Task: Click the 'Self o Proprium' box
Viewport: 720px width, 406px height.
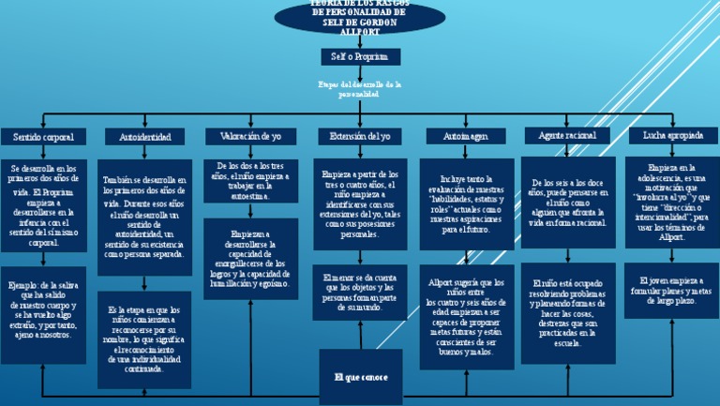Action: (359, 57)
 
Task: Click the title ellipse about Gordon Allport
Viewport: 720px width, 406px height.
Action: (359, 15)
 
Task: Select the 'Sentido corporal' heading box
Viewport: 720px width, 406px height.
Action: (44, 137)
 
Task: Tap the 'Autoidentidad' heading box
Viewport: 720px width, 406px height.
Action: (145, 137)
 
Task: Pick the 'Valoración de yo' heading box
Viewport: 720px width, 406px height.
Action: (250, 137)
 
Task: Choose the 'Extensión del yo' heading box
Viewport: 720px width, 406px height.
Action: (359, 137)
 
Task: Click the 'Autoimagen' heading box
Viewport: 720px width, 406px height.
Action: (466, 137)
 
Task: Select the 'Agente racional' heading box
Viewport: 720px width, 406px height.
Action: (568, 137)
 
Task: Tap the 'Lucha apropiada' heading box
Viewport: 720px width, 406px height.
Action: (672, 136)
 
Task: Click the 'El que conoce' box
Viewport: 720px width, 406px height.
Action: (361, 377)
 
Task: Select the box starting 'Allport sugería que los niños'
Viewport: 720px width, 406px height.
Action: (466, 317)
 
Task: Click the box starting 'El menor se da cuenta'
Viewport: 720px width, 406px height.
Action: (360, 293)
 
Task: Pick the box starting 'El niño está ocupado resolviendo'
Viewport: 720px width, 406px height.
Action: (568, 312)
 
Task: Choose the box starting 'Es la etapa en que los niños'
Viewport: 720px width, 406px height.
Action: (145, 338)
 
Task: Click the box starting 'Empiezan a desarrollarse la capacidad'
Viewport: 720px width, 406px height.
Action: (250, 257)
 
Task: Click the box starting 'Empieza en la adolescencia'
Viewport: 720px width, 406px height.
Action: (672, 203)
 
